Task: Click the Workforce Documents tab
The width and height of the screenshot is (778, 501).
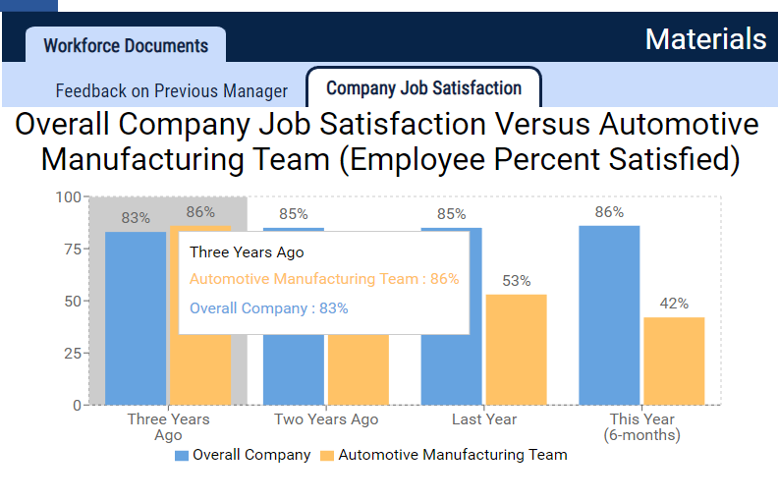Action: [x=126, y=46]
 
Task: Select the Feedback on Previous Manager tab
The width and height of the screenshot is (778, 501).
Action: [x=171, y=90]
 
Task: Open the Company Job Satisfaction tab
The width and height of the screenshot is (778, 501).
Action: [x=423, y=88]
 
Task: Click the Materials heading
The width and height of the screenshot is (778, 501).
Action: [x=705, y=39]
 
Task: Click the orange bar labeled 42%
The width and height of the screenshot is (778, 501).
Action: [x=674, y=361]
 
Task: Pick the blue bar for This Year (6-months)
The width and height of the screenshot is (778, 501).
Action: [x=609, y=314]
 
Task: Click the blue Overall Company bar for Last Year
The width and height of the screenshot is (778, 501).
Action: [x=452, y=315]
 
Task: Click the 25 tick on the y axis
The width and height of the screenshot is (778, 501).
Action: [x=71, y=353]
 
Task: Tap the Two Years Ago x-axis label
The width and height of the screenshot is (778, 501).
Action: [x=326, y=419]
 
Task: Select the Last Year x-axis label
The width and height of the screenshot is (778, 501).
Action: [x=484, y=419]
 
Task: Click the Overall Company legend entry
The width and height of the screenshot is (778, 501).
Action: [x=243, y=455]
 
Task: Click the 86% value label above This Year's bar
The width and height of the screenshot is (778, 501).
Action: [x=609, y=212]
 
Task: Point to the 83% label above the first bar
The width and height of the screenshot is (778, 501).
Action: [x=136, y=217]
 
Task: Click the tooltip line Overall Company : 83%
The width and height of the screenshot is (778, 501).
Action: [x=268, y=308]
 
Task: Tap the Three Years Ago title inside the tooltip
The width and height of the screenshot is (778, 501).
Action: [x=247, y=252]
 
